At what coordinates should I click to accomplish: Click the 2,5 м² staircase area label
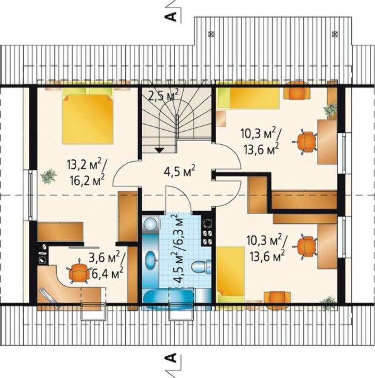(x=163, y=95)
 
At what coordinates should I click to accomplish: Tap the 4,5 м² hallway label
(x=179, y=172)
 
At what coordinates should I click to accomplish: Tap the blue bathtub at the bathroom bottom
(x=169, y=296)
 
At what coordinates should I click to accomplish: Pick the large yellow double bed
(x=88, y=119)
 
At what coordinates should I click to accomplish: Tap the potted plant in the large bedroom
(x=49, y=177)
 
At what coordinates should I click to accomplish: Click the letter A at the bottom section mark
(x=171, y=358)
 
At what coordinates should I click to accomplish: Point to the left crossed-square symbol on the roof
(x=211, y=34)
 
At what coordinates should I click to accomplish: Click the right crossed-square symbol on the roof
(x=335, y=34)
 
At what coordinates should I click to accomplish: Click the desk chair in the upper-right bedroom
(x=305, y=142)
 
